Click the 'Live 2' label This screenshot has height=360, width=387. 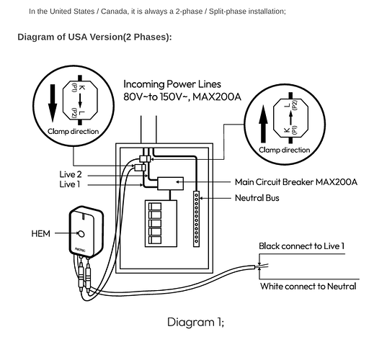[x=71, y=174]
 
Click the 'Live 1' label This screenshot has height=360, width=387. [x=70, y=184]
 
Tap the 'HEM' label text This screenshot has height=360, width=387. [x=41, y=233]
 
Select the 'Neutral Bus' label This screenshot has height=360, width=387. [x=257, y=198]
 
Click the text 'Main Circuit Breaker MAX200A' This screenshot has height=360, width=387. [x=296, y=182]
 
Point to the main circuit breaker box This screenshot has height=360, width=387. [x=170, y=184]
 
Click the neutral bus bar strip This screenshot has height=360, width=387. [x=196, y=219]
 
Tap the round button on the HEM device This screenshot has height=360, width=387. [x=81, y=234]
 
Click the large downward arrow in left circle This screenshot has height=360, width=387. [x=53, y=103]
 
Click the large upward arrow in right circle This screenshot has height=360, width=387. [x=263, y=124]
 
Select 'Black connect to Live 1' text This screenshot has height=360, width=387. [x=301, y=246]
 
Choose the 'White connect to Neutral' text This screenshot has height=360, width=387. [x=308, y=287]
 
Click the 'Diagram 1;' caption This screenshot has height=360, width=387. [x=195, y=322]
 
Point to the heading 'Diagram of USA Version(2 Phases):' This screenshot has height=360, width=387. [x=94, y=37]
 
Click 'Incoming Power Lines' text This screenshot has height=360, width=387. [x=172, y=84]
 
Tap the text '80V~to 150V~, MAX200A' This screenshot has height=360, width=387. [x=182, y=96]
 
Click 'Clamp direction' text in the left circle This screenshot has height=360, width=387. [x=73, y=132]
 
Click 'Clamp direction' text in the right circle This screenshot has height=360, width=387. [x=285, y=150]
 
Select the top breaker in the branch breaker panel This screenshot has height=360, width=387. [x=155, y=207]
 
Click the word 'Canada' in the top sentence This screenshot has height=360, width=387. [x=115, y=12]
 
